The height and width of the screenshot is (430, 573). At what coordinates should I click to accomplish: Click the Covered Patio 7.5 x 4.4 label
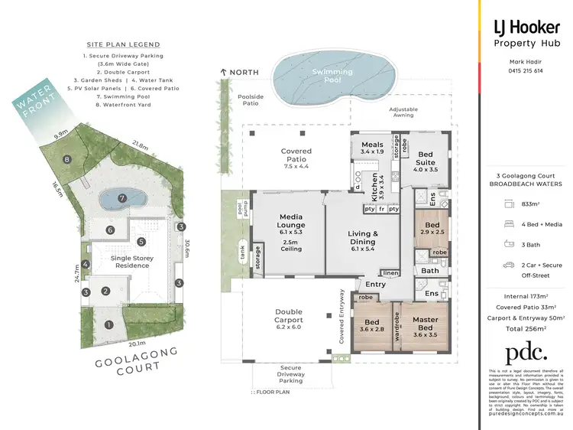click(296, 156)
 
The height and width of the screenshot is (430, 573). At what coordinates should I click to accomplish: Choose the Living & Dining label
click(364, 239)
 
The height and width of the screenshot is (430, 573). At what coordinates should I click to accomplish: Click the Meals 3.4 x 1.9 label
click(372, 149)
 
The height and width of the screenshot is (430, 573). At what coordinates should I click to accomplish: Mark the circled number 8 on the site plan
click(68, 160)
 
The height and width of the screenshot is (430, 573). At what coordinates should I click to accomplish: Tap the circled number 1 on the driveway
click(108, 324)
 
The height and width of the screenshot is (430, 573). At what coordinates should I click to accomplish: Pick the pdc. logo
click(526, 353)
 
